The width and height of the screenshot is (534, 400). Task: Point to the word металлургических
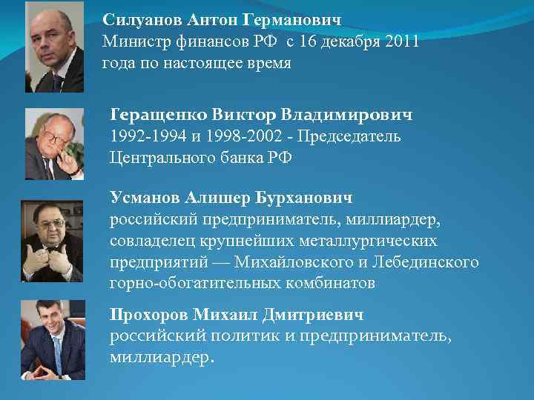tap(371, 241)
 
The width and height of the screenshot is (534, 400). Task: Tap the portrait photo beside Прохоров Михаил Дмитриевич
tap(53, 339)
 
